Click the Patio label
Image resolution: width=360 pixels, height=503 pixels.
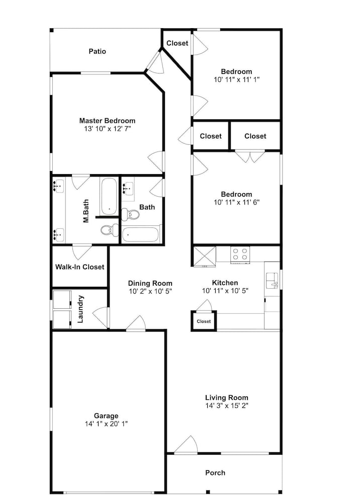(x=97, y=51)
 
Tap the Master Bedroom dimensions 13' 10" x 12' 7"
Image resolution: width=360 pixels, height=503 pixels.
(x=108, y=129)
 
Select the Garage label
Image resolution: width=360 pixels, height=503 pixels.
(x=106, y=416)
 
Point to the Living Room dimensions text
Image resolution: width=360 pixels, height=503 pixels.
(x=227, y=406)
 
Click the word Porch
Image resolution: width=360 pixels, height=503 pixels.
(x=215, y=473)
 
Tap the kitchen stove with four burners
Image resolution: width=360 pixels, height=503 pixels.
(x=240, y=255)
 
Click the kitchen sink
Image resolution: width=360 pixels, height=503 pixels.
(x=272, y=281)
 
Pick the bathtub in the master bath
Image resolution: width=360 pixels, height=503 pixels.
(x=109, y=196)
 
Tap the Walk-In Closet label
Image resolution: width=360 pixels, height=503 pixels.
(x=79, y=267)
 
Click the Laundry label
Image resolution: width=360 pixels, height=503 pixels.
(x=80, y=309)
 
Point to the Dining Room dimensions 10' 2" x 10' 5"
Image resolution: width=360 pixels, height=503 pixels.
(x=150, y=292)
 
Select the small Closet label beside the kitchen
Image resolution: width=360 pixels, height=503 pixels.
(x=204, y=321)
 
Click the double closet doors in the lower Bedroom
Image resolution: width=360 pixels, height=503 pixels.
(x=250, y=156)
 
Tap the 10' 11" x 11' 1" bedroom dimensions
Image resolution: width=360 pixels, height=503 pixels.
(x=237, y=79)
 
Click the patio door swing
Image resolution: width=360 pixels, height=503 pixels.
(x=154, y=61)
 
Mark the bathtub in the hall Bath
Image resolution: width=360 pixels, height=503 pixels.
(x=140, y=234)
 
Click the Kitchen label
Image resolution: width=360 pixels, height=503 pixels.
(x=225, y=283)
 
